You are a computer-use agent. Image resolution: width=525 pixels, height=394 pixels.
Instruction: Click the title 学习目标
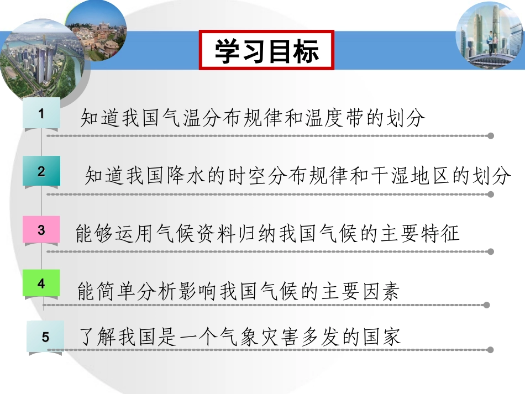(267, 51)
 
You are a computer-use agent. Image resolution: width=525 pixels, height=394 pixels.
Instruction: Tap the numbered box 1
(41, 113)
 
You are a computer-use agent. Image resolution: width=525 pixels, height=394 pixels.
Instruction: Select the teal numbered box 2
(41, 171)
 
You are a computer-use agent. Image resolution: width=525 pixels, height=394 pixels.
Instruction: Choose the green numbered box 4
(41, 283)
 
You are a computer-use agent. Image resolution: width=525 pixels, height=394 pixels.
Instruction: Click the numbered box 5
(45, 337)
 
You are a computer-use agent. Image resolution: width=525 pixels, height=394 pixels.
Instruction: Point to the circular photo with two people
(487, 35)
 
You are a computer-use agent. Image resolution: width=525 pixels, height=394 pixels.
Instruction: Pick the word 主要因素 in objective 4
(359, 291)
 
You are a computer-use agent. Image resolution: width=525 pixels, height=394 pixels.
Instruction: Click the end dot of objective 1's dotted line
(491, 135)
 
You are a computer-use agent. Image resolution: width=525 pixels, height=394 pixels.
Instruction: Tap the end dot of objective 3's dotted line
(490, 251)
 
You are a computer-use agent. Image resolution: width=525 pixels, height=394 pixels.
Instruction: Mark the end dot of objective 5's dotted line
(490, 350)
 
